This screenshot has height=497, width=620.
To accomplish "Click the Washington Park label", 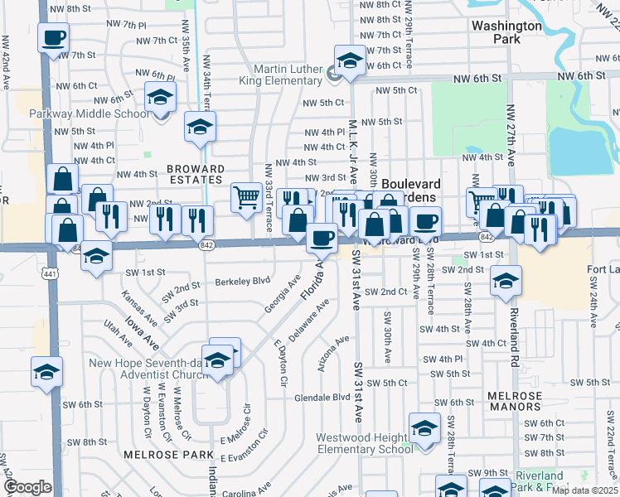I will click(x=506, y=31).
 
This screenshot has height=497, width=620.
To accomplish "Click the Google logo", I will click(x=27, y=486).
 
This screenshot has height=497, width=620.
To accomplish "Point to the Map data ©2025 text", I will click(x=584, y=490).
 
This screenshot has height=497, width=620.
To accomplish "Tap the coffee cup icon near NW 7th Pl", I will click(x=53, y=37).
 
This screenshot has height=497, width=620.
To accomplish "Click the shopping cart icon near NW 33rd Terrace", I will click(x=246, y=198).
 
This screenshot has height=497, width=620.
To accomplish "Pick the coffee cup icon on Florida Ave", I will click(x=322, y=238).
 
